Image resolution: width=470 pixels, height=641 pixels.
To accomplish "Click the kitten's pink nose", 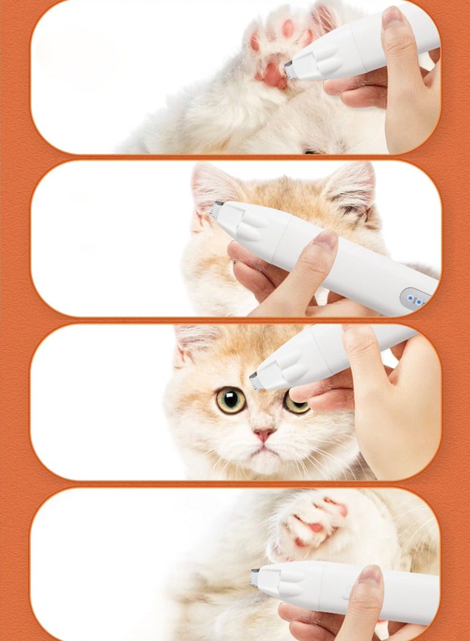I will (x=264, y=435).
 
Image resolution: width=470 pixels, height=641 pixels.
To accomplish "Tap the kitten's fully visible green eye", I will (x=231, y=400).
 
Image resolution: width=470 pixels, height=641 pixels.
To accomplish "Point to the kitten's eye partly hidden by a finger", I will (x=296, y=403).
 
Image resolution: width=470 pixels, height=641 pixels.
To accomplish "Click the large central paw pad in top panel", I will (x=271, y=74).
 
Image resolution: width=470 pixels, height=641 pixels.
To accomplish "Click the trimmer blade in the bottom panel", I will (x=254, y=577).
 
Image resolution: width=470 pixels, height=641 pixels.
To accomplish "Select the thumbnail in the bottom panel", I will (x=369, y=576).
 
